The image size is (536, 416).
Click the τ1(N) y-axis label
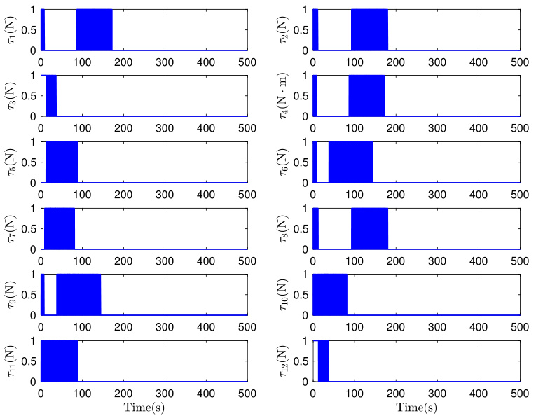(x=13, y=30)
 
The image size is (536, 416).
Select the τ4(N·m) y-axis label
(x=284, y=96)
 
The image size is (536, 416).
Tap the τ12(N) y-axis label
(x=284, y=361)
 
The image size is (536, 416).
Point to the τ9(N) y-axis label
(x=13, y=295)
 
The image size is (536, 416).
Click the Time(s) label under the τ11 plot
(x=144, y=408)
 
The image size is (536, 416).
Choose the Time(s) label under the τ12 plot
(x=416, y=408)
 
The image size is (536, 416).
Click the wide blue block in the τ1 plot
(x=95, y=29)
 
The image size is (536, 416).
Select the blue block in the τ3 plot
(x=51, y=96)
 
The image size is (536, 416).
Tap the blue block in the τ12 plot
(x=324, y=361)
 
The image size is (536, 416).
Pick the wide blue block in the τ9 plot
(x=78, y=294)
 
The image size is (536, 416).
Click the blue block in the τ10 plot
(x=330, y=294)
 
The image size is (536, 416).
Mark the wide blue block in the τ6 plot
(x=351, y=162)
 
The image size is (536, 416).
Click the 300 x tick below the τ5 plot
(x=165, y=195)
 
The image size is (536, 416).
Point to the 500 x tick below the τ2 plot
(x=520, y=62)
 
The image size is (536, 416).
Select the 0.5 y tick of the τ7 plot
(x=29, y=229)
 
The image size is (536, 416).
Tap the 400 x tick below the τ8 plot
(x=479, y=261)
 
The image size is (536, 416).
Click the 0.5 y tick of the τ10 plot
(x=301, y=295)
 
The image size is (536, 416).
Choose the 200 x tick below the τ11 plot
(x=123, y=394)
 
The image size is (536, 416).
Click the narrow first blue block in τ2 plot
(x=315, y=29)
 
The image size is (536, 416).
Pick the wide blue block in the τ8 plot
(x=369, y=228)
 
